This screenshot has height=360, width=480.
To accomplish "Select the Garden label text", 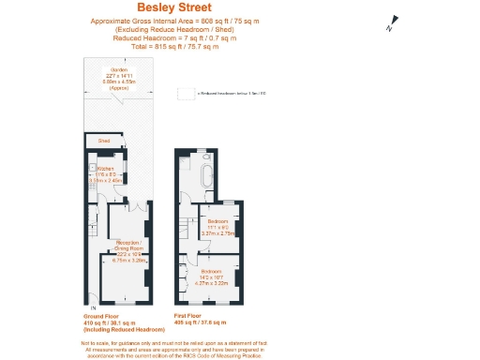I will tap(119, 69).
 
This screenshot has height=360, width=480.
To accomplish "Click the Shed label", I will tap(103, 142).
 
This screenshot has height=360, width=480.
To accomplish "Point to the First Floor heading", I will tap(189, 317).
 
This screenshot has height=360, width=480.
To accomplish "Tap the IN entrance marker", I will tap(92, 307).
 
